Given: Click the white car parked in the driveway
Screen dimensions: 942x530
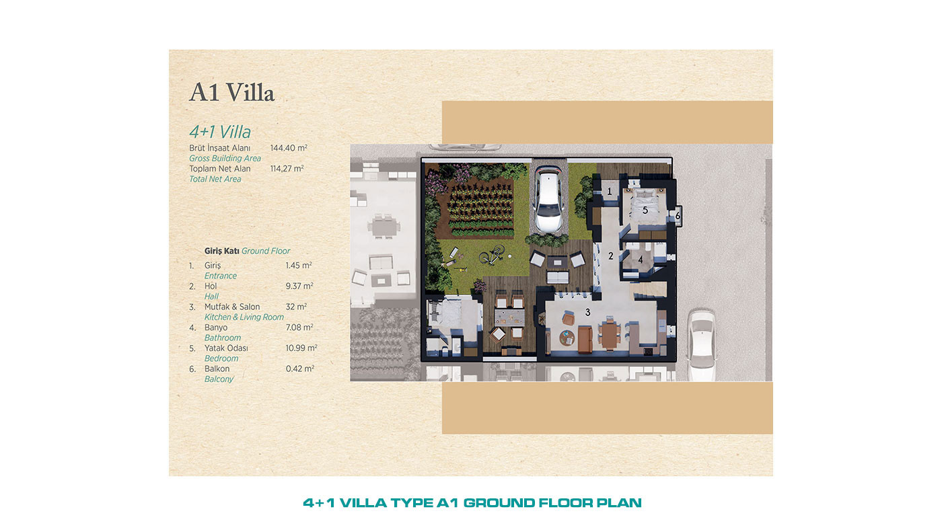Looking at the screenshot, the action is (x=548, y=199).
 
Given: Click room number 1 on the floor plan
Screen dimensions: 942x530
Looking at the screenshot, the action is (x=610, y=192).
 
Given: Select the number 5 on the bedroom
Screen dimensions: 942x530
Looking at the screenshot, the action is (x=645, y=210).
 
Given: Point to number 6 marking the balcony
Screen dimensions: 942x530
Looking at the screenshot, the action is (x=678, y=216).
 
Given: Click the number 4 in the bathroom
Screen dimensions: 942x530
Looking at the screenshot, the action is (x=641, y=260).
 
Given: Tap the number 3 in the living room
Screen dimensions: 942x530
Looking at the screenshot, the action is (x=587, y=312).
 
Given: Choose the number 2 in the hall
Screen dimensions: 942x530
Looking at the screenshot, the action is (x=611, y=256).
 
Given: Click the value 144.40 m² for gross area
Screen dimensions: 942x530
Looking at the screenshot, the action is (x=289, y=148).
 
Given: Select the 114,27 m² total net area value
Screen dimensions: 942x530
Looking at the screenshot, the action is (x=287, y=169).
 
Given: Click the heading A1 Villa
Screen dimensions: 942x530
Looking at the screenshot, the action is (x=231, y=92).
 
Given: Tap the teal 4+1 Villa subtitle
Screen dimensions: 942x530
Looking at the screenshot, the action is (x=220, y=132).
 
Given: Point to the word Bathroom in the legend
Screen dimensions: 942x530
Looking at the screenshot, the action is (x=223, y=338).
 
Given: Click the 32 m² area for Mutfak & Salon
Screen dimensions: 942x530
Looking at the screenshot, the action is (x=296, y=307).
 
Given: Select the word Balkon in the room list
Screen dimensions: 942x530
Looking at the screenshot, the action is (x=217, y=369).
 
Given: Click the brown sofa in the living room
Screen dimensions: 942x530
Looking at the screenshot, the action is (x=585, y=339).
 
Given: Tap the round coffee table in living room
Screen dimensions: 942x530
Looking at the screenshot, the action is (x=567, y=337).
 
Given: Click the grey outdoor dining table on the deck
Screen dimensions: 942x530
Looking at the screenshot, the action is (x=509, y=317).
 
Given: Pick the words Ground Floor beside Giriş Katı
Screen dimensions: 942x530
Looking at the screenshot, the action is (x=266, y=251).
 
